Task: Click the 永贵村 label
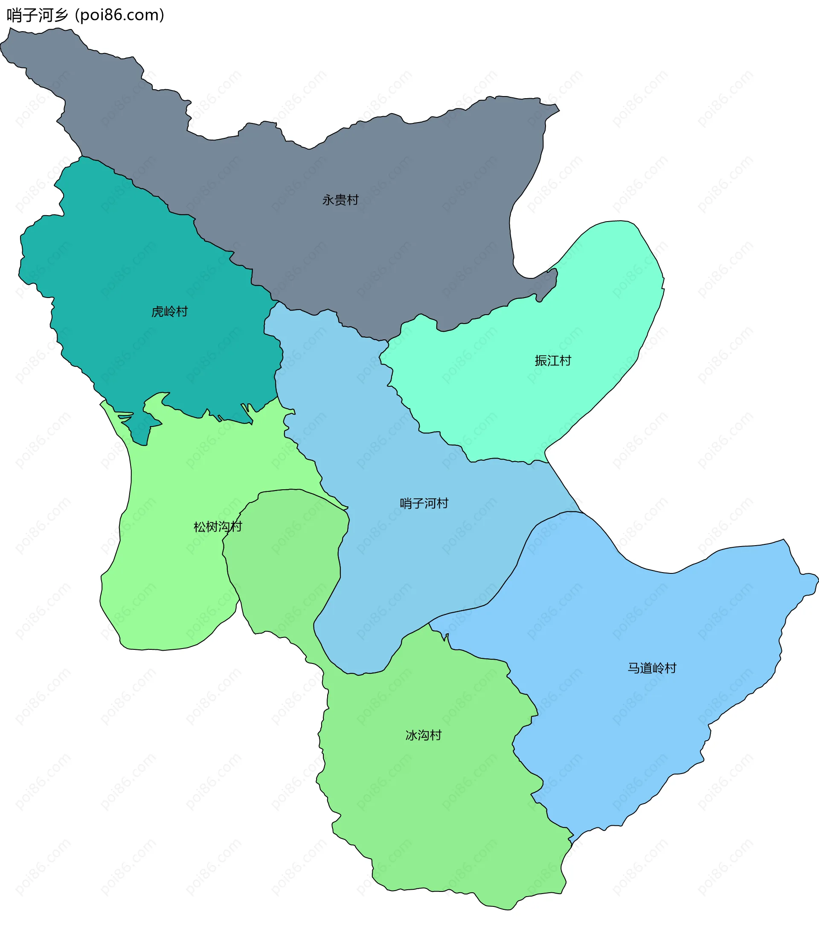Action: pyautogui.click(x=340, y=200)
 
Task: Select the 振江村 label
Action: pyautogui.click(x=553, y=361)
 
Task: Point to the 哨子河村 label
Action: pyautogui.click(x=424, y=503)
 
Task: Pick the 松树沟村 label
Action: pyautogui.click(x=218, y=527)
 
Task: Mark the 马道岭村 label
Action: pyautogui.click(x=652, y=668)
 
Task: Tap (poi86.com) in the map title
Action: pyautogui.click(x=120, y=15)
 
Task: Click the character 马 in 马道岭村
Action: pyautogui.click(x=633, y=668)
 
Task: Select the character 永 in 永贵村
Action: pyautogui.click(x=328, y=200)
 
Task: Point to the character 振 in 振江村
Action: pyautogui.click(x=541, y=361)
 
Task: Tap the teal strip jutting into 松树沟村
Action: pyautogui.click(x=140, y=432)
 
